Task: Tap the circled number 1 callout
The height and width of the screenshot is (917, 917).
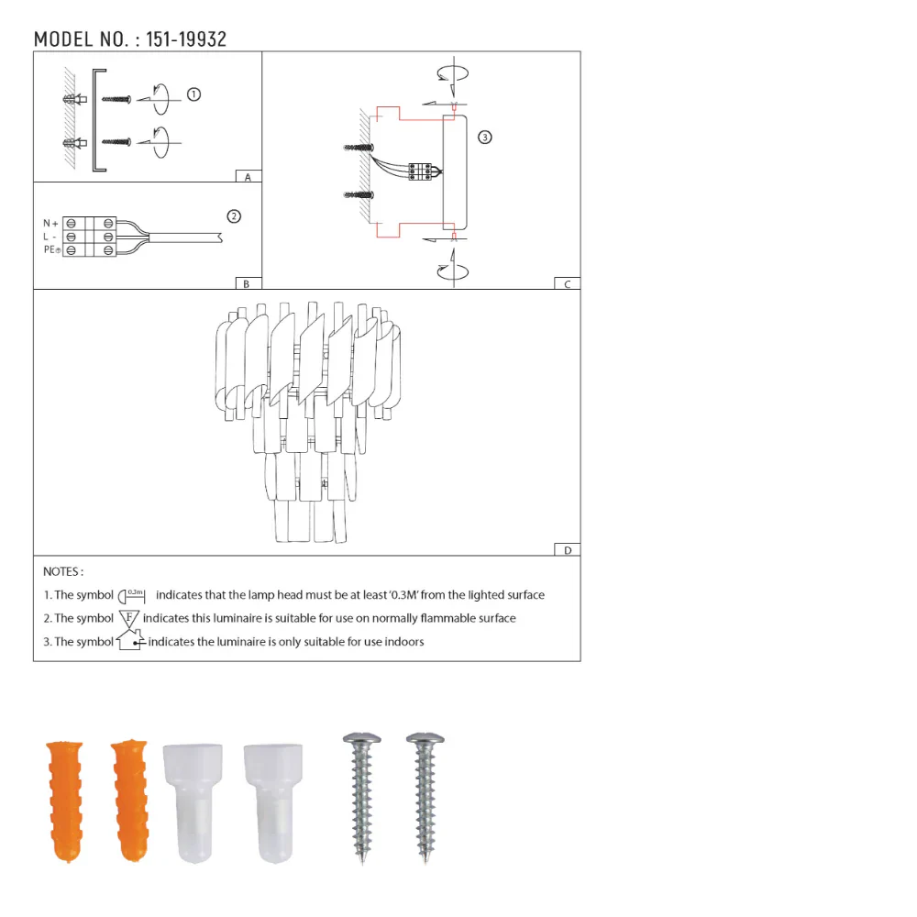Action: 193,94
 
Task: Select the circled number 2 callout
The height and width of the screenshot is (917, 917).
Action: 233,216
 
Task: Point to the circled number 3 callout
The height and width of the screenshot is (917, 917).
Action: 485,138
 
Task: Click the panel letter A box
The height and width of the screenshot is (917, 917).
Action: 248,176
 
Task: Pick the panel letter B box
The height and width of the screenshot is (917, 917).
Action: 247,284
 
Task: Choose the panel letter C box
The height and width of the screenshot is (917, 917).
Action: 567,284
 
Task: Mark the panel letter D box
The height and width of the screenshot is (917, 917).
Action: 567,550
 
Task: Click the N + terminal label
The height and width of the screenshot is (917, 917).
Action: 50,224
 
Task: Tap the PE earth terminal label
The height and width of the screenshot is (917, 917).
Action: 51,249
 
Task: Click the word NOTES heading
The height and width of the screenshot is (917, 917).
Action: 63,571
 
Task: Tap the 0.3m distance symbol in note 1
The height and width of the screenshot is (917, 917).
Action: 134,595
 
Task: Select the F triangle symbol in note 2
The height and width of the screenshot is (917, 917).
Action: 129,618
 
